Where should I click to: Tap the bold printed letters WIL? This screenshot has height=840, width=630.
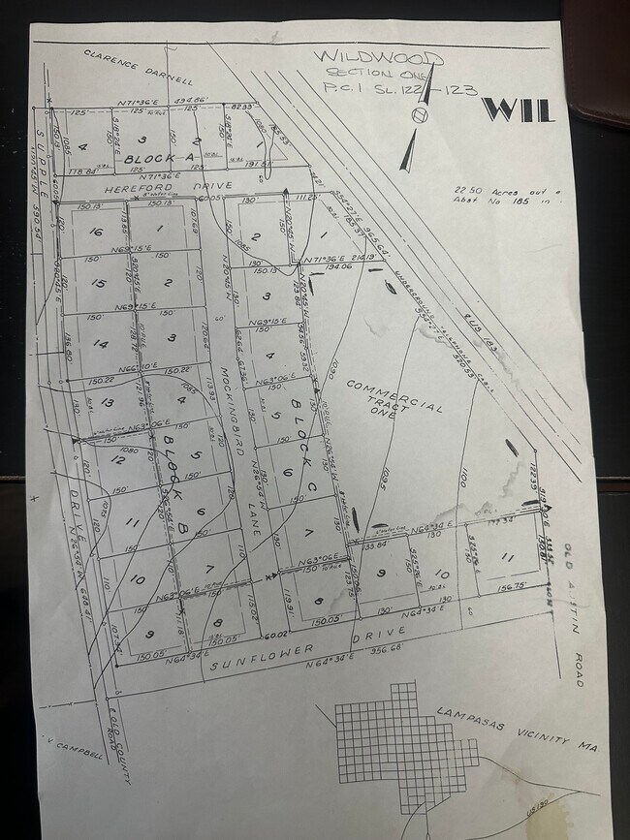click(x=517, y=109)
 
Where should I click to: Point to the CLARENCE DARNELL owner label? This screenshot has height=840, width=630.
click(x=138, y=68)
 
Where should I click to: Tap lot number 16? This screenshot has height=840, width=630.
click(x=95, y=233)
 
